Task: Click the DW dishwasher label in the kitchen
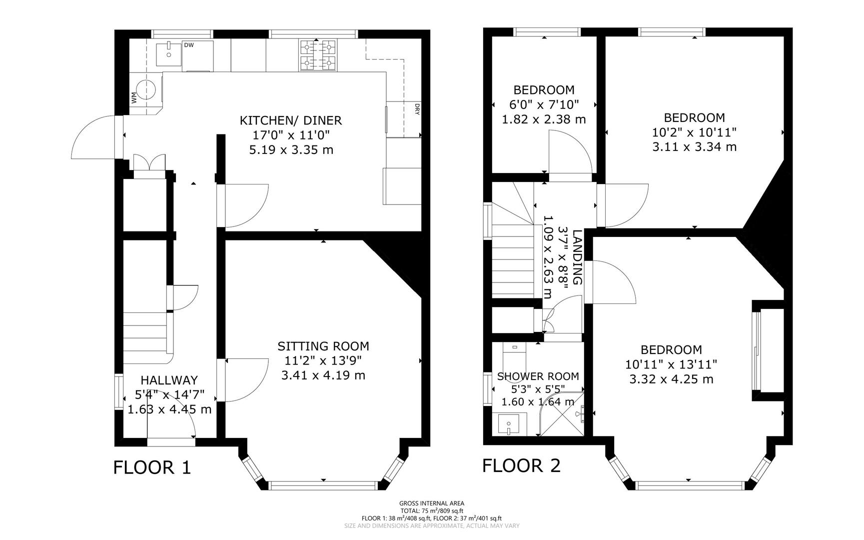188,45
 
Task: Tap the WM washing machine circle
146,90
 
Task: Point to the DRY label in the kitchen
416,109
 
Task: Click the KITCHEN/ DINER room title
291,120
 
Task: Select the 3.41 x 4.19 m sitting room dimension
323,375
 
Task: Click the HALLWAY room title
169,380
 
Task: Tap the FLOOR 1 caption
152,467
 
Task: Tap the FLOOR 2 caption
521,465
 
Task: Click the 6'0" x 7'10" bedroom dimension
544,104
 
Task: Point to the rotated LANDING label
578,257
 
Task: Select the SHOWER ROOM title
538,376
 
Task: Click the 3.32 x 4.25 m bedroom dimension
671,379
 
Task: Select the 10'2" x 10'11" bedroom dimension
694,132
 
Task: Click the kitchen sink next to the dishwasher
168,54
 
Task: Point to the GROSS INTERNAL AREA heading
431,503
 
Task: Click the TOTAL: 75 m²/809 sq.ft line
431,511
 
